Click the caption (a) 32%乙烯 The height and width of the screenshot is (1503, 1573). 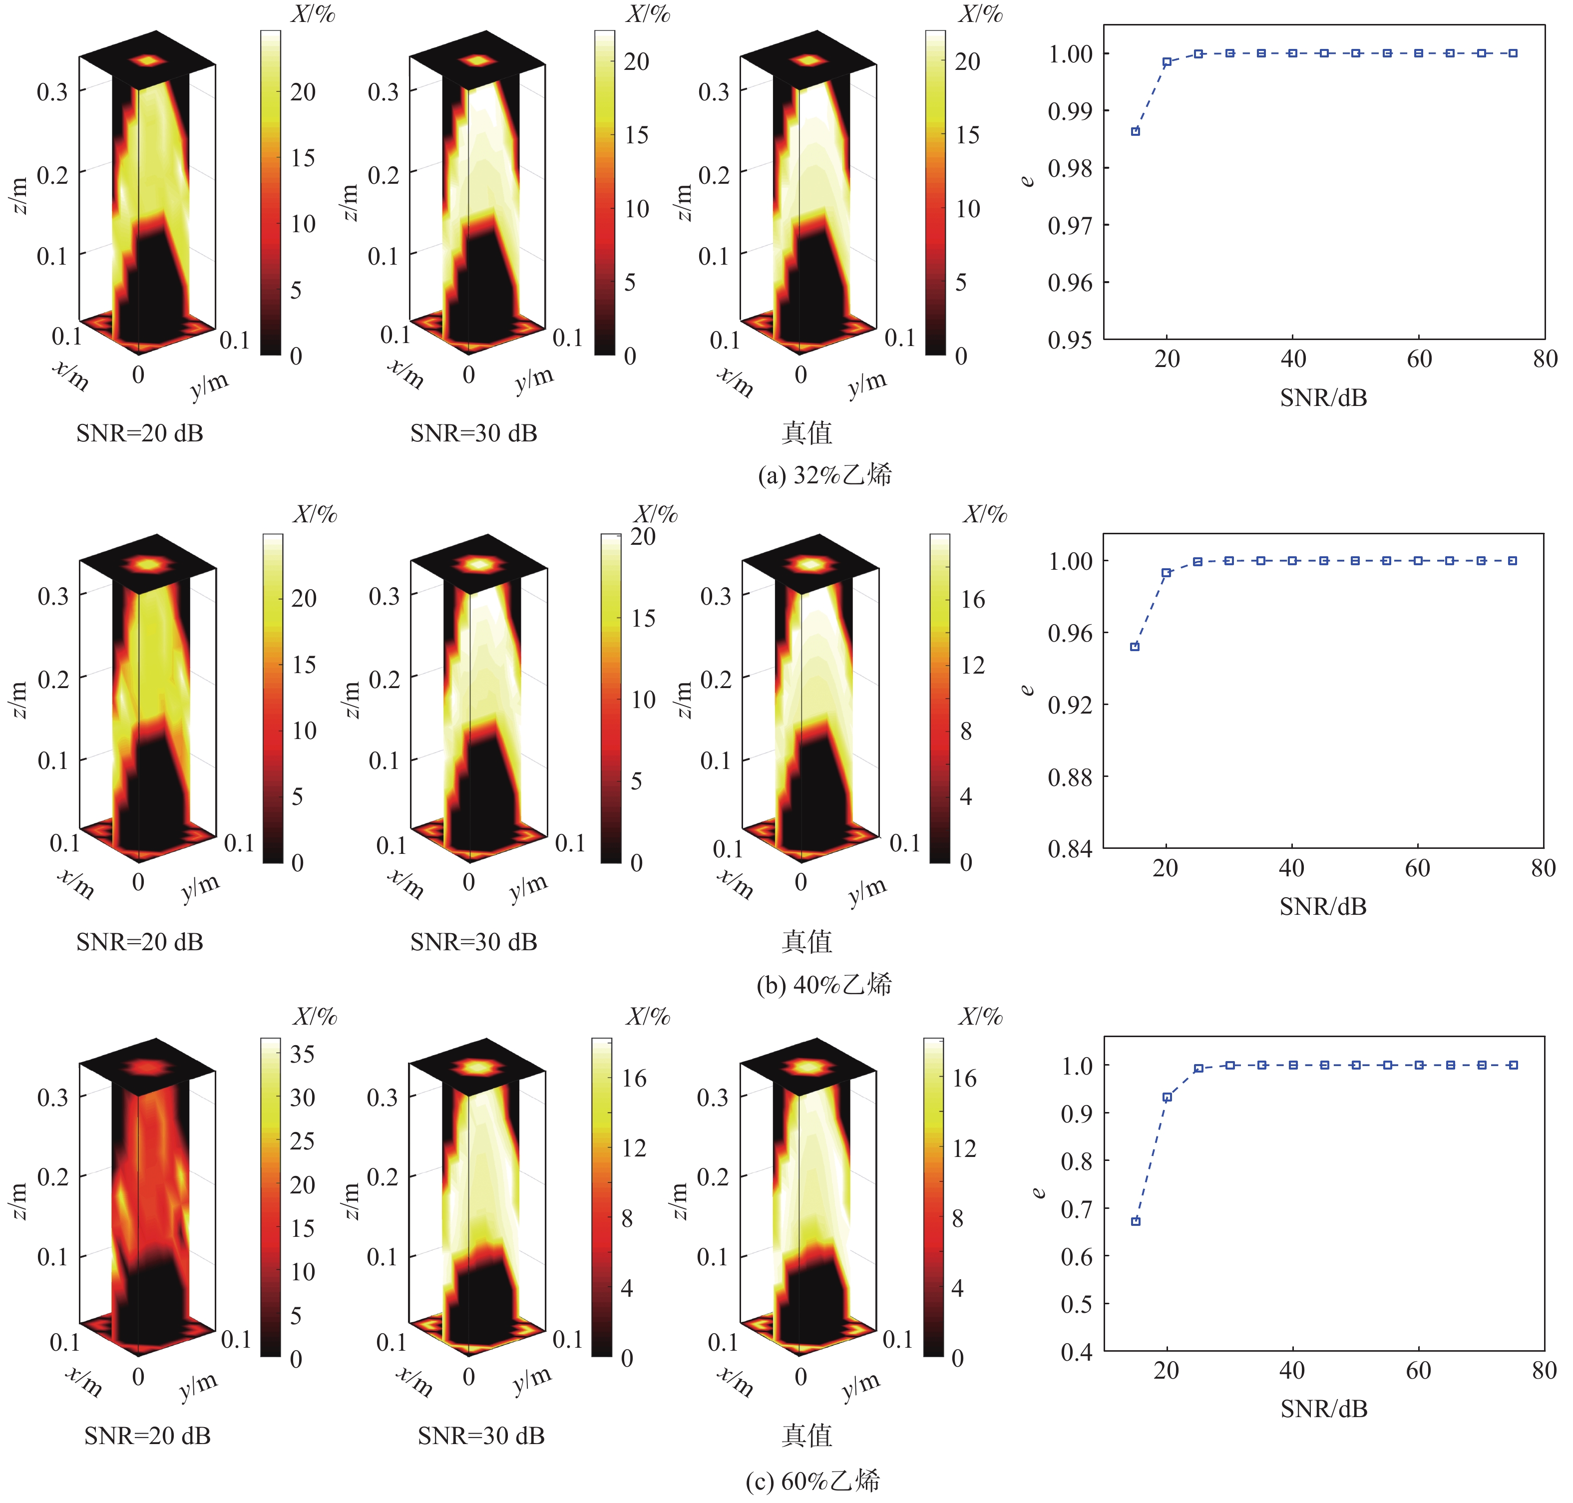click(x=824, y=475)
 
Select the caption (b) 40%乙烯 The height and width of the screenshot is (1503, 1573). click(x=824, y=984)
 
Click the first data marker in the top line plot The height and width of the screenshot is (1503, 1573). click(x=1136, y=131)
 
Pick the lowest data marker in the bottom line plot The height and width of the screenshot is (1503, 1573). click(x=1136, y=1221)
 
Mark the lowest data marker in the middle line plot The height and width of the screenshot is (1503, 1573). click(x=1135, y=647)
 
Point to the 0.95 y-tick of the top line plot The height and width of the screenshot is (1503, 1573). click(x=1070, y=340)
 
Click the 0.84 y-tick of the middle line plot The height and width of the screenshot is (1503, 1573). click(x=1070, y=848)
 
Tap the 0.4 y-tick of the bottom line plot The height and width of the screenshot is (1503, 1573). click(x=1076, y=1352)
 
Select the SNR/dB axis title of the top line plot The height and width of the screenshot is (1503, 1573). click(x=1323, y=397)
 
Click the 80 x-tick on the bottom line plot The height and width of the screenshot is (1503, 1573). click(x=1544, y=1370)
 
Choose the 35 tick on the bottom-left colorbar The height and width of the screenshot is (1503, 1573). click(x=302, y=1054)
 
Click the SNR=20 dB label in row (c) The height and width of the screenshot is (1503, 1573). click(x=147, y=1435)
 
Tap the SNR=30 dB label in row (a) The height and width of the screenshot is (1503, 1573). click(x=473, y=433)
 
